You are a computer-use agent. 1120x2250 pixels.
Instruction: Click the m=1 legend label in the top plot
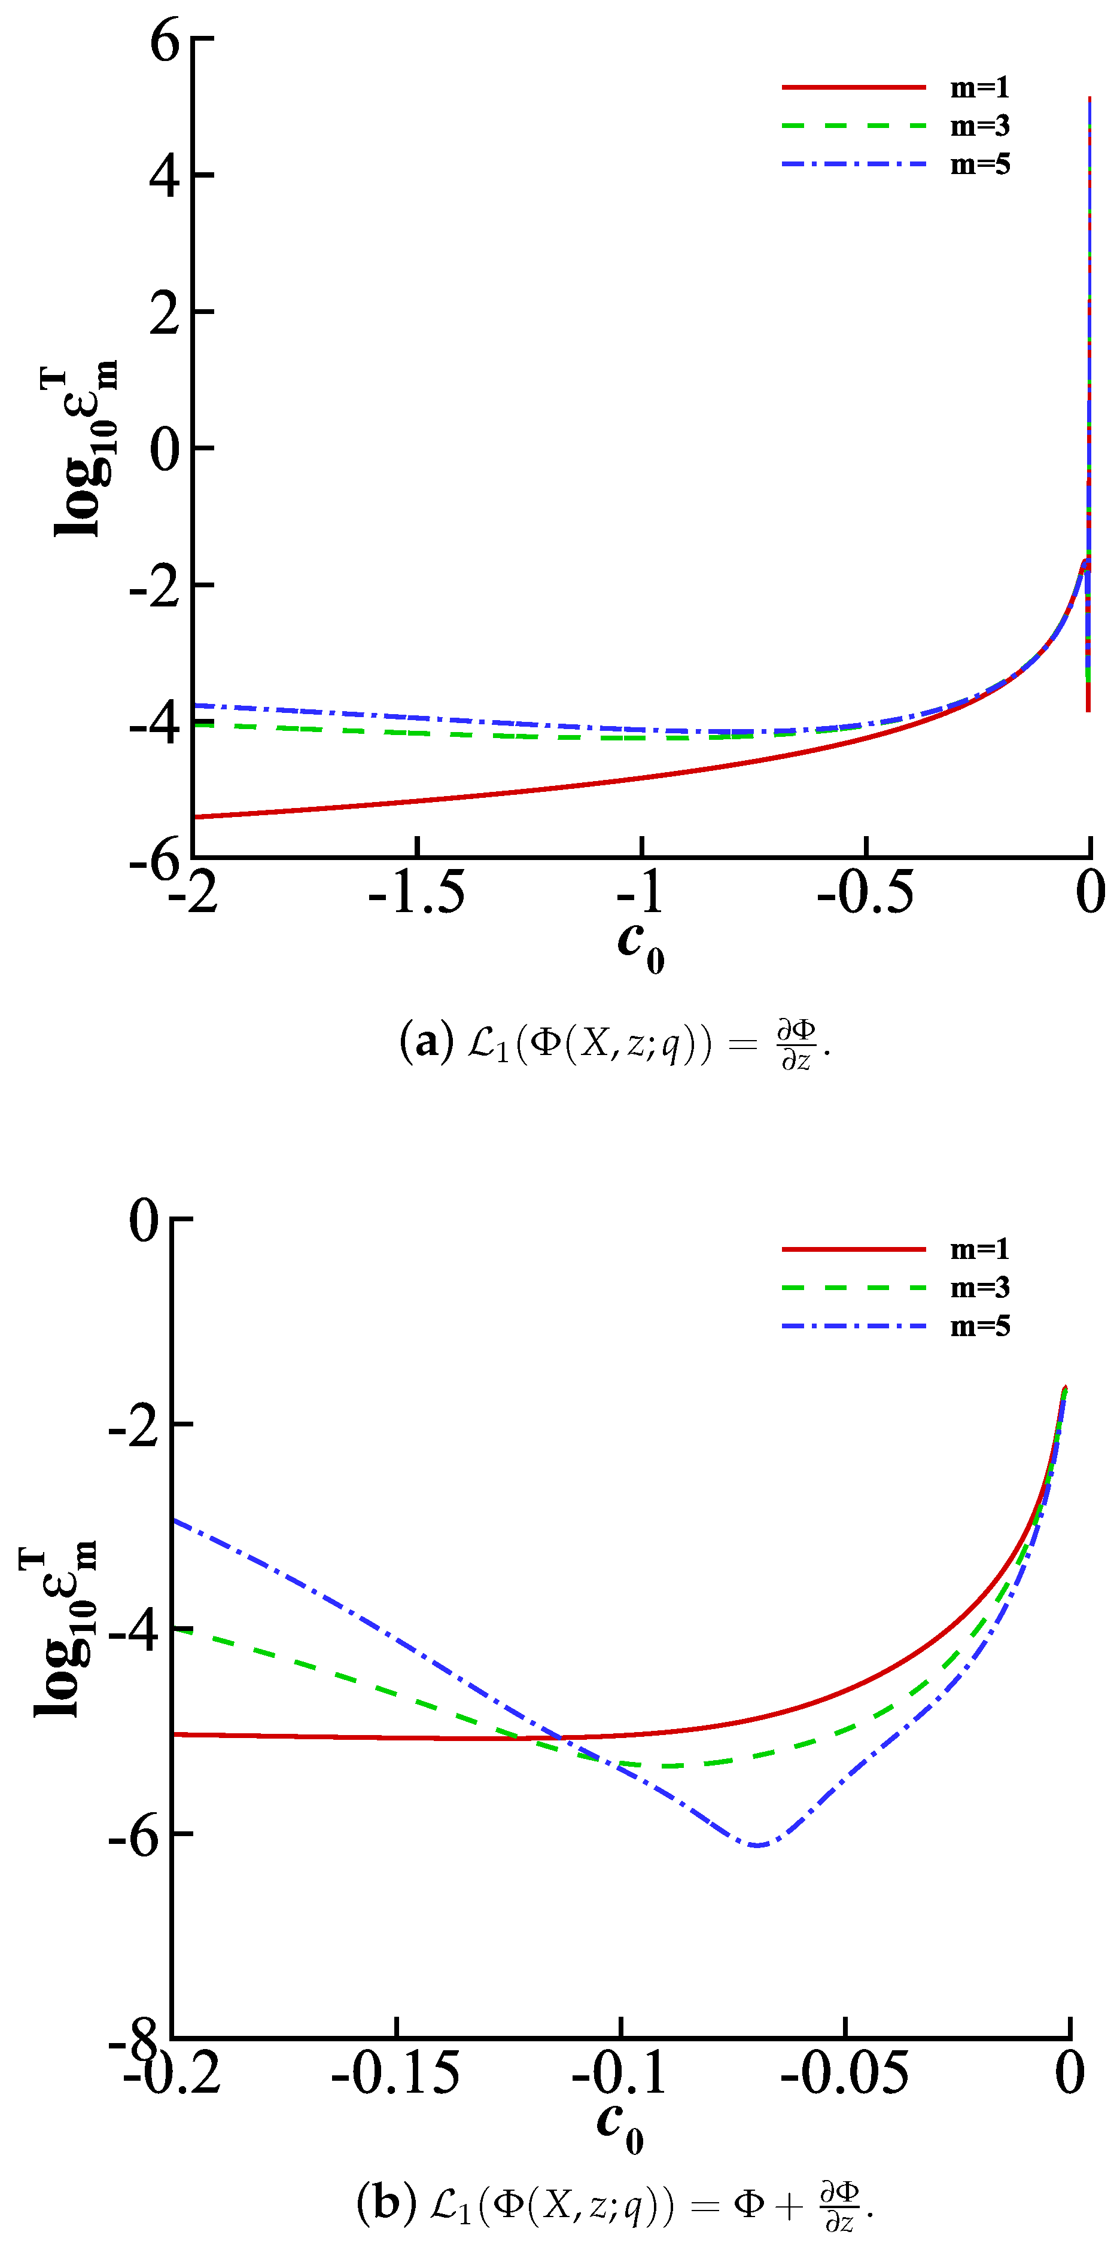pos(979,87)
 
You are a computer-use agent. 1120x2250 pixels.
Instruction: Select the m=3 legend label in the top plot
pos(979,126)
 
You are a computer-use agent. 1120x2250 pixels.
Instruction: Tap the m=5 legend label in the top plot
pos(979,164)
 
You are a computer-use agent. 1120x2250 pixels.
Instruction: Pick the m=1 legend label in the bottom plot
pos(979,1249)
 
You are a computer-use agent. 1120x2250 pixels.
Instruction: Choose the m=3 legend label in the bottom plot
pos(979,1288)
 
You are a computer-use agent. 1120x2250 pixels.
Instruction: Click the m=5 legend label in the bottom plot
pos(979,1326)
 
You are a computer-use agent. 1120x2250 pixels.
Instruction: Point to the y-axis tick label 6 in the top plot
pos(165,40)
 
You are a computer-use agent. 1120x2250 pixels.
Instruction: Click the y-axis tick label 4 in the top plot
pos(165,176)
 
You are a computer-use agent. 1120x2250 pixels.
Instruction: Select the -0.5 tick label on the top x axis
pos(865,892)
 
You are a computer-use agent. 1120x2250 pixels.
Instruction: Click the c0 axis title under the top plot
pos(640,946)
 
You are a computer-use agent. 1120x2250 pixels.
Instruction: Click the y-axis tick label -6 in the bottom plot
pos(135,1835)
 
